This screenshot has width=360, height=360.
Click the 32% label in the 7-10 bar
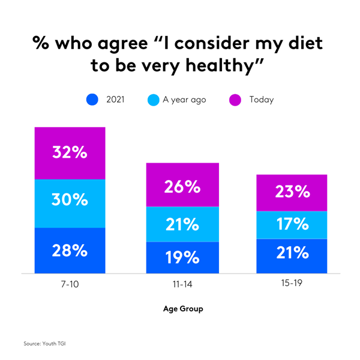pyautogui.click(x=70, y=152)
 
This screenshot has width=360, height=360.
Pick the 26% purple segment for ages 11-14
pyautogui.click(x=182, y=187)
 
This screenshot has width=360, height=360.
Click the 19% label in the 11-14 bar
pyautogui.click(x=182, y=257)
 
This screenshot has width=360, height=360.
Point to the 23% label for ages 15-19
pyautogui.click(x=293, y=193)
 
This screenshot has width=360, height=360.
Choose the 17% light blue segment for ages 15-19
pyautogui.click(x=293, y=225)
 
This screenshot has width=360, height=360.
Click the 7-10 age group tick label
pyautogui.click(x=70, y=285)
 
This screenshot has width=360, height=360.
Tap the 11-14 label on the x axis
pyautogui.click(x=182, y=285)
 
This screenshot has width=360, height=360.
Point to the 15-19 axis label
pyautogui.click(x=293, y=285)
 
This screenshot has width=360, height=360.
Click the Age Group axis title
pyautogui.click(x=182, y=310)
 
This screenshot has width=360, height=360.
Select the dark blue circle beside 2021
pyautogui.click(x=92, y=100)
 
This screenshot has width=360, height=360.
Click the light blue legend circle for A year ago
pyautogui.click(x=153, y=100)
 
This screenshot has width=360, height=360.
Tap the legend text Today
pyautogui.click(x=262, y=100)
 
